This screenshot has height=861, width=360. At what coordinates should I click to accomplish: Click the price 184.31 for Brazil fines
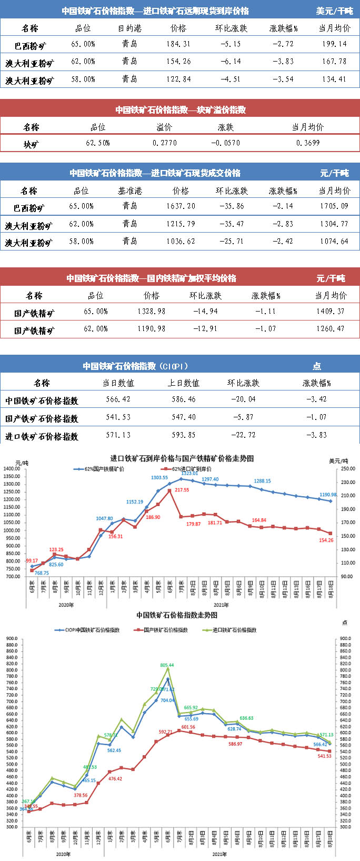click(178, 44)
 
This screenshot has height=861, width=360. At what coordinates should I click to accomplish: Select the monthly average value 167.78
click(334, 62)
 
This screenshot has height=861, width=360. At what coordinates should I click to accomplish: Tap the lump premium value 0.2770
click(165, 143)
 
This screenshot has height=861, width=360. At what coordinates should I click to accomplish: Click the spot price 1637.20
click(181, 206)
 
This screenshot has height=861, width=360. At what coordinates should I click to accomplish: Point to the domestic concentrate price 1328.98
click(152, 311)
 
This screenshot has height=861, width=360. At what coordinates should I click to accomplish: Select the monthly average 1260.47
click(331, 328)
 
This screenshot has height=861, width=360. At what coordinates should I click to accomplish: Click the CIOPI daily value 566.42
click(118, 399)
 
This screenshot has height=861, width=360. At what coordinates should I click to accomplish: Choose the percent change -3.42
click(316, 399)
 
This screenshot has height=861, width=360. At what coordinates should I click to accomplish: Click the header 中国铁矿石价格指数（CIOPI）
click(135, 366)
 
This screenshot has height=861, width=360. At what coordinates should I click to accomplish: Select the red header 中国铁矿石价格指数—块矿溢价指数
click(181, 110)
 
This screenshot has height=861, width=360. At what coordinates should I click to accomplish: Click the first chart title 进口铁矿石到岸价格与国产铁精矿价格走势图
click(182, 458)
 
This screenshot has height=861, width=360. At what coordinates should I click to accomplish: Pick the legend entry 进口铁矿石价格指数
click(234, 630)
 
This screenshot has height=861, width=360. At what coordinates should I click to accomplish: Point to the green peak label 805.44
click(167, 665)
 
